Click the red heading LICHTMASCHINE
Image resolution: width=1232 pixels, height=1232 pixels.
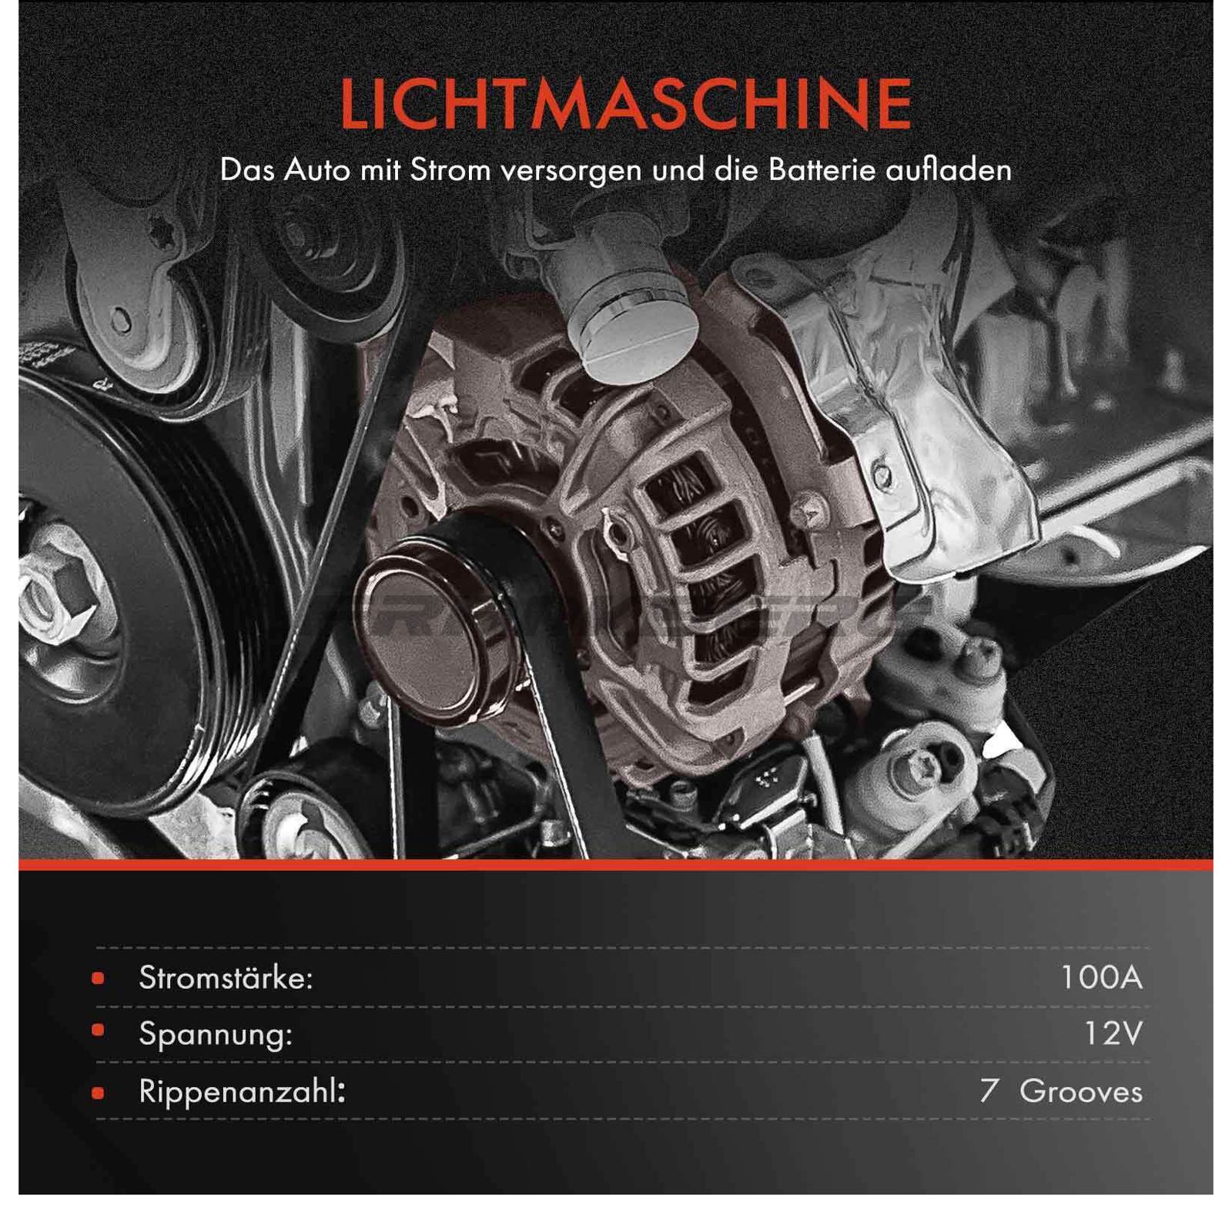625,104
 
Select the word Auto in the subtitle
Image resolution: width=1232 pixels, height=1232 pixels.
317,170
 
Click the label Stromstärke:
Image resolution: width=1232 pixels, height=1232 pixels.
226,978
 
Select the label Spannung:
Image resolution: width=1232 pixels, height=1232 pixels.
216,1034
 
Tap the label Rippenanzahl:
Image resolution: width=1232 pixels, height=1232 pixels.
242,1091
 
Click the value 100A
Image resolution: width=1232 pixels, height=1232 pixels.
1101,978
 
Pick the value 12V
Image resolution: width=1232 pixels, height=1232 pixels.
1113,1034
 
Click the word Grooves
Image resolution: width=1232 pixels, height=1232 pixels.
1080,1091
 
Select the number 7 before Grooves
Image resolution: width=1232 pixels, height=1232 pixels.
989,1091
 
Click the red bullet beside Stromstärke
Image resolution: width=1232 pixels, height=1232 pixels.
98,979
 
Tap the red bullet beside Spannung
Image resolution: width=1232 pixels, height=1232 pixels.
98,1030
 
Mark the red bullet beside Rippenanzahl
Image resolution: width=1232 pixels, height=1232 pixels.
98,1093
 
